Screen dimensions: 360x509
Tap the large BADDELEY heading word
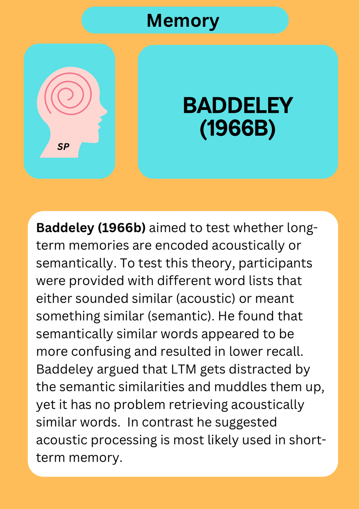click(x=238, y=105)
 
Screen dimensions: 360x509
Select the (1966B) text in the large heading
click(x=238, y=129)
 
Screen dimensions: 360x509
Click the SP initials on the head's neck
click(x=63, y=147)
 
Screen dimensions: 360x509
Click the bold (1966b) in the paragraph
click(x=122, y=228)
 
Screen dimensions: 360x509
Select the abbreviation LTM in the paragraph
click(x=184, y=369)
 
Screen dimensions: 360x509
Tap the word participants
click(x=275, y=264)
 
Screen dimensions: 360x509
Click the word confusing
click(x=101, y=352)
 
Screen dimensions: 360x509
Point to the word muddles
click(x=240, y=387)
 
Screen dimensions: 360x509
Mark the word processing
click(x=124, y=440)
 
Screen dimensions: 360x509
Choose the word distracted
click(x=260, y=369)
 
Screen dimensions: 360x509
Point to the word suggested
click(x=246, y=423)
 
